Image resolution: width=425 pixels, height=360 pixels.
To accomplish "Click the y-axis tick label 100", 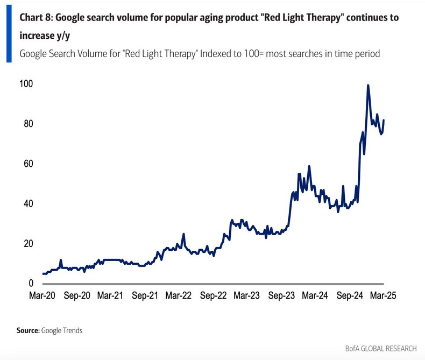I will click(x=26, y=84).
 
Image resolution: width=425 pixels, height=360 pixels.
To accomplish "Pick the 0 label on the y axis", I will click(x=31, y=284).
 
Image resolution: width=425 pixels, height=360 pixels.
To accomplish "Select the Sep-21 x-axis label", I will click(x=145, y=295).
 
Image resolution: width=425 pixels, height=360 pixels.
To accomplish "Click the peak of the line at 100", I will click(x=368, y=85).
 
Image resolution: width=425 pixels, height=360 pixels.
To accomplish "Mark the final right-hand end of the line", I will click(x=384, y=120).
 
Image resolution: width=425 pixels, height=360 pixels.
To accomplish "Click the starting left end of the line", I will click(x=43, y=273).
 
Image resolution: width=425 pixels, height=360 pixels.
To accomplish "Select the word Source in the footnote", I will click(x=29, y=330).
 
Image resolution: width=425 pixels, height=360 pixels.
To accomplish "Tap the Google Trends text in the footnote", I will click(x=62, y=330).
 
